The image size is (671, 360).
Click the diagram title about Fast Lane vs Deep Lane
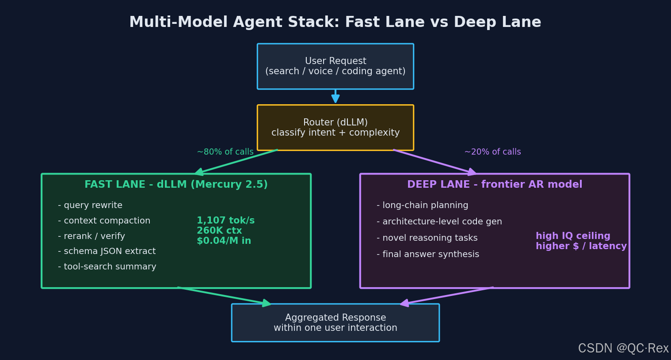pyautogui.click(x=335, y=22)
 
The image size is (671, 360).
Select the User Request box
pyautogui.click(x=335, y=66)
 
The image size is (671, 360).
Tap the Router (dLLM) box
pyautogui.click(x=335, y=128)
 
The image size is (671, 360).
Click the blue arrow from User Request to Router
pyautogui.click(x=335, y=96)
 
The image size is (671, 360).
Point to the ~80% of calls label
pyautogui.click(x=225, y=152)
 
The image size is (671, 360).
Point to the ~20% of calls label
pyautogui.click(x=492, y=152)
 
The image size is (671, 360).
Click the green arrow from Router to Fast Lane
pyautogui.click(x=236, y=162)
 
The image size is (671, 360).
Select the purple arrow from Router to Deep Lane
pyautogui.click(x=435, y=162)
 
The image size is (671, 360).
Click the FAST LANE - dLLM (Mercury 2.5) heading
pyautogui.click(x=176, y=184)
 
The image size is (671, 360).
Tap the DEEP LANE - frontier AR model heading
pyautogui.click(x=495, y=184)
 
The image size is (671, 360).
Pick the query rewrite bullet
pyautogui.click(x=90, y=205)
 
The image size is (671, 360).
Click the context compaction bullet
pyautogui.click(x=104, y=220)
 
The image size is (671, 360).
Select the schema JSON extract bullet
pyautogui.click(x=107, y=251)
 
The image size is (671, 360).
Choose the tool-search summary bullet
pyautogui.click(x=107, y=266)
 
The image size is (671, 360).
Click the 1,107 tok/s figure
pyautogui.click(x=225, y=220)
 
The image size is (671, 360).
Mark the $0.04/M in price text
pyautogui.click(x=224, y=241)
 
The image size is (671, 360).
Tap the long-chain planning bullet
pyautogui.click(x=423, y=205)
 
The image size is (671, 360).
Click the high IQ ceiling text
pyautogui.click(x=573, y=236)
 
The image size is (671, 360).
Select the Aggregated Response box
pyautogui.click(x=335, y=322)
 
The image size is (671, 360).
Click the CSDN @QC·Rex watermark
pyautogui.click(x=623, y=348)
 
